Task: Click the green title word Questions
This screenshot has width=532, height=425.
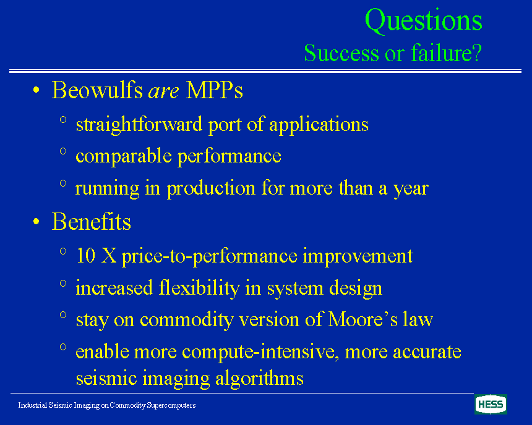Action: [423, 21]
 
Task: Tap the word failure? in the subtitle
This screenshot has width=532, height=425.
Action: [447, 53]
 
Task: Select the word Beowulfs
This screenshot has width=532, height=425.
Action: [97, 90]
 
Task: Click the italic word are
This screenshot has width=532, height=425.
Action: [163, 91]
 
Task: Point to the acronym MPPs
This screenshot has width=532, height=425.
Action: [215, 90]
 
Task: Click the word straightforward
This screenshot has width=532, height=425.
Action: [139, 124]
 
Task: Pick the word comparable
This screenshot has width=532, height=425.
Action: [124, 156]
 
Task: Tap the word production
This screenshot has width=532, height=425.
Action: [211, 188]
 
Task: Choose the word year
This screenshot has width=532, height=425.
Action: [411, 189]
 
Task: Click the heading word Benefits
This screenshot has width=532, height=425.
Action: [92, 222]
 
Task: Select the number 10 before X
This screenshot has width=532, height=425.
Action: [85, 255]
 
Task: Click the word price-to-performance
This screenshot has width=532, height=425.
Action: [209, 256]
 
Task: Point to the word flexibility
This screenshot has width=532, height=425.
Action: [199, 288]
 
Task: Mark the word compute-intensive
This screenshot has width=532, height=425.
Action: [261, 351]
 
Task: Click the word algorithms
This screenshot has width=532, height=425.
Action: [259, 378]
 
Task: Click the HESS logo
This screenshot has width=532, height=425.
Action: [491, 405]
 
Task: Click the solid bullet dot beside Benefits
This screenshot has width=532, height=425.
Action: [36, 222]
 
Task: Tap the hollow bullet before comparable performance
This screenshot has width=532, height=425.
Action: [63, 151]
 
